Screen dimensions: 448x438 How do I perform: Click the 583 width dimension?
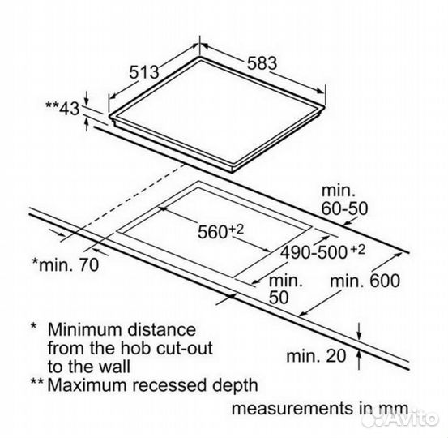262,63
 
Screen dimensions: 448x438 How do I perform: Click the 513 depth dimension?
144,72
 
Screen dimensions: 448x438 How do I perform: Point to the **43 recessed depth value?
62,108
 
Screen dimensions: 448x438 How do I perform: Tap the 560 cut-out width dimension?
212,232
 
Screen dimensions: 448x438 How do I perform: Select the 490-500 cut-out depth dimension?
314,252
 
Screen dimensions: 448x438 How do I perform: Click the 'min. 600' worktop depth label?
365,281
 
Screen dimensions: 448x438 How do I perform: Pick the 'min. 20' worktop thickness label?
316,356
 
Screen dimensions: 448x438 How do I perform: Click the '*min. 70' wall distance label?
66,264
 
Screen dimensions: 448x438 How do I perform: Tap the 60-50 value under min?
344,208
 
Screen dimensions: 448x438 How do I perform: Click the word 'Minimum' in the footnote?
85,329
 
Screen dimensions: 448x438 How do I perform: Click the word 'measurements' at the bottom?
292,408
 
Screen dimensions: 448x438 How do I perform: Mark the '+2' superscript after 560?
236,230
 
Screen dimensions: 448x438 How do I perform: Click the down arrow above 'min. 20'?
360,332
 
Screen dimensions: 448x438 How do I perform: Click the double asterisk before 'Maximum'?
37,382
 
